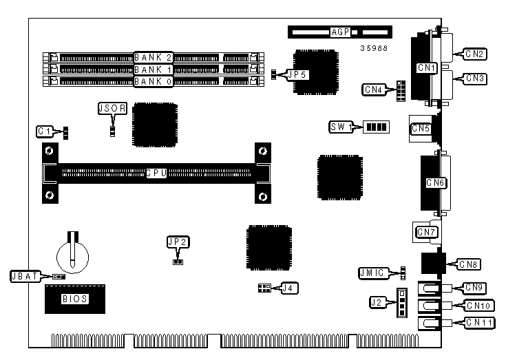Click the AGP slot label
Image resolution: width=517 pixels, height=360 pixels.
[339, 32]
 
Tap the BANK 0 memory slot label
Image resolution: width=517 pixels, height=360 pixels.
[154, 81]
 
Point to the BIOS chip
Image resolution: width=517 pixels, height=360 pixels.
[75, 299]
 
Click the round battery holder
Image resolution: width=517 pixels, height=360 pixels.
[72, 253]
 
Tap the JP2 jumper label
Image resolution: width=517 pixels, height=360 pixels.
[177, 242]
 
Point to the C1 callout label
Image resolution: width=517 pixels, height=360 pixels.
[46, 130]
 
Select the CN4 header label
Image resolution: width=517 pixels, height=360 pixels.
[375, 89]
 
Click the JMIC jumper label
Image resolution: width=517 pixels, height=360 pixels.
[373, 273]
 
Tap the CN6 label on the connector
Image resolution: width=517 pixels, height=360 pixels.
[436, 182]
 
